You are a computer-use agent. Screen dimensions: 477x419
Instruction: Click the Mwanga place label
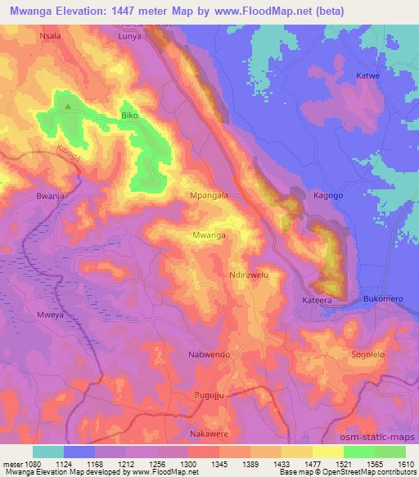(x=208, y=235)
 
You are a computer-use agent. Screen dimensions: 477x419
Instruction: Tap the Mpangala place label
(x=209, y=197)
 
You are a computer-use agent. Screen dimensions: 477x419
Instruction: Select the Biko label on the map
(x=129, y=116)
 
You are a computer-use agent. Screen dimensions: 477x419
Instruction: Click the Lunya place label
(x=129, y=37)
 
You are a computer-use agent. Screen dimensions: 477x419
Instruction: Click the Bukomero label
(x=384, y=299)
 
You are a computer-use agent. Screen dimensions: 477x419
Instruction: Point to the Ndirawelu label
(x=250, y=275)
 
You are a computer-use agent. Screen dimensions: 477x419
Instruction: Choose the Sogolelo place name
(x=367, y=354)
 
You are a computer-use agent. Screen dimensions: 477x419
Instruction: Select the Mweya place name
(x=50, y=315)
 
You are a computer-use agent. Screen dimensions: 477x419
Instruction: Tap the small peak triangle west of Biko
(x=67, y=106)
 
